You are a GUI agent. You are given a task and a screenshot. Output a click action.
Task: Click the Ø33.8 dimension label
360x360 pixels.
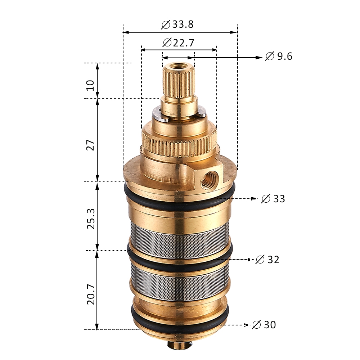177,24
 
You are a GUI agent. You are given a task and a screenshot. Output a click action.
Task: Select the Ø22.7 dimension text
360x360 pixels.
179,42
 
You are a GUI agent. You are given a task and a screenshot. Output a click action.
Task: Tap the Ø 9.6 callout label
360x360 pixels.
279,56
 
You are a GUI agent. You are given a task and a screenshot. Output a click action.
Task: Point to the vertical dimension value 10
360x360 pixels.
90,85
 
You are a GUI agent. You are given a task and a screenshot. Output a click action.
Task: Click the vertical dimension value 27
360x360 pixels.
90,145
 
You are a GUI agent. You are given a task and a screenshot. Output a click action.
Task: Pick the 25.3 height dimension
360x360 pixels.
91,219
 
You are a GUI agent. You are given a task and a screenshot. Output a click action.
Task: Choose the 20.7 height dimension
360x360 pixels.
91,294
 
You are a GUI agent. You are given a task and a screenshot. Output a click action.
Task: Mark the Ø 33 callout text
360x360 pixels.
273,199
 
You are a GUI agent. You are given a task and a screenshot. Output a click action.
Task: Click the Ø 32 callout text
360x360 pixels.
267,260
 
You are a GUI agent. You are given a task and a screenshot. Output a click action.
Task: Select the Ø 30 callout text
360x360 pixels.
264,325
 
